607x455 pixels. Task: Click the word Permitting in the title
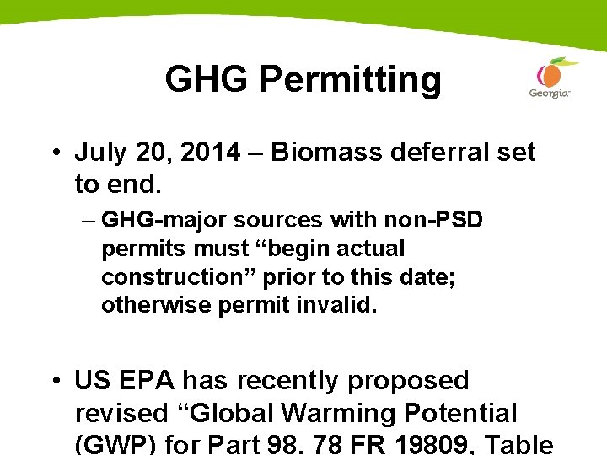(x=350, y=80)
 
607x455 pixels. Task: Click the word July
(x=99, y=152)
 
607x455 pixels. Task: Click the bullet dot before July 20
(x=53, y=153)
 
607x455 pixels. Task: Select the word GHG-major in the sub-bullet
(x=164, y=221)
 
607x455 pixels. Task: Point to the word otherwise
(x=156, y=305)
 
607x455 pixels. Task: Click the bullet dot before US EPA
(x=53, y=382)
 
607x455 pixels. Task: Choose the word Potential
(x=455, y=414)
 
